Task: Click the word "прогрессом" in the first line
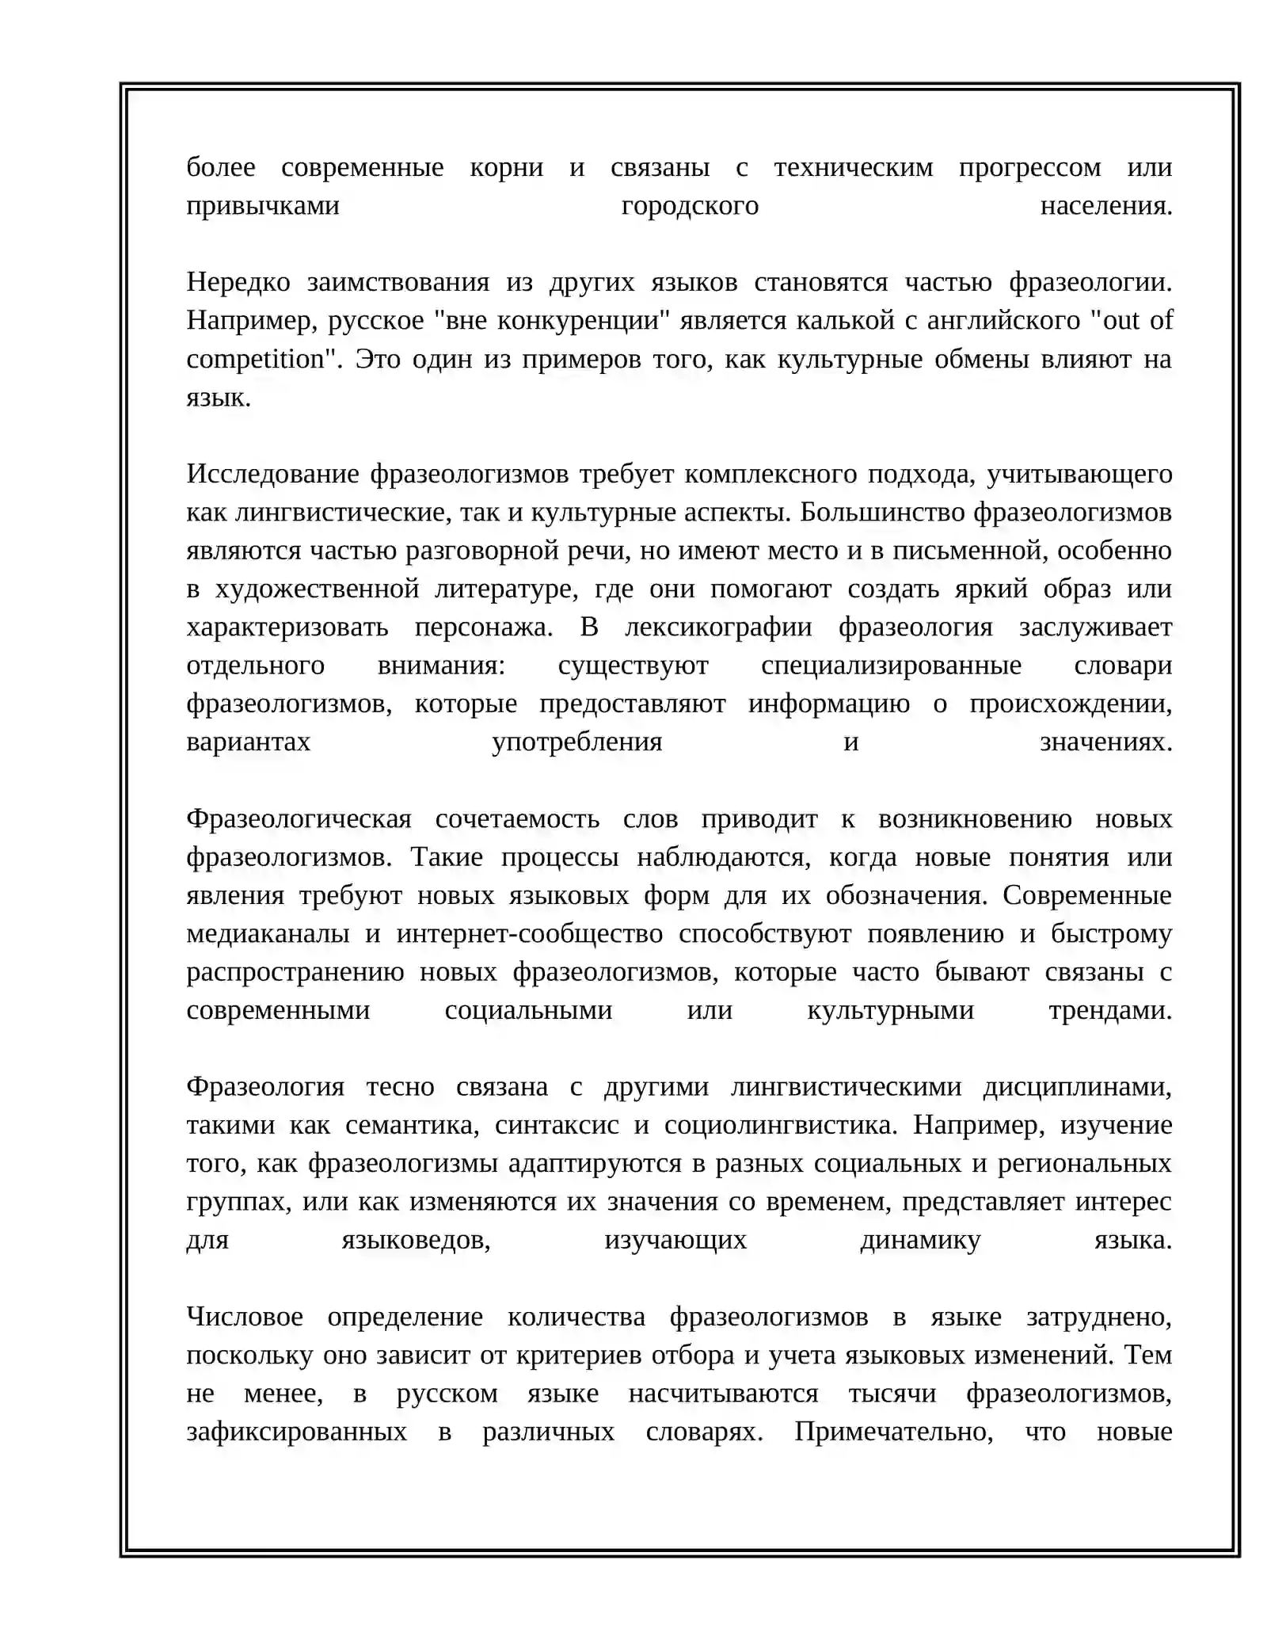click(1029, 168)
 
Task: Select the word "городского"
click(690, 206)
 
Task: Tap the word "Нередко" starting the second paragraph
click(238, 282)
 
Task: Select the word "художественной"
click(317, 589)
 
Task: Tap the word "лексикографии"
click(718, 627)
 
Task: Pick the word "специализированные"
click(891, 666)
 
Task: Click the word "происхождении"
click(1071, 704)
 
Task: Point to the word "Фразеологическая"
click(299, 819)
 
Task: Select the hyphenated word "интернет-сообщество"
click(529, 934)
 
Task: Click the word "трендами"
click(1110, 1011)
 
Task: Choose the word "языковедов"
click(416, 1240)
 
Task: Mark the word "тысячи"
click(892, 1393)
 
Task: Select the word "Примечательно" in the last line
click(893, 1432)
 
